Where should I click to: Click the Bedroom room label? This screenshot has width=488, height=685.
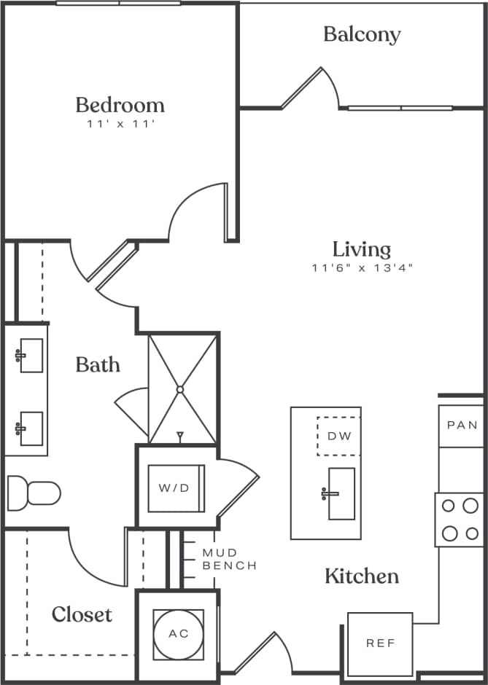pyautogui.click(x=120, y=104)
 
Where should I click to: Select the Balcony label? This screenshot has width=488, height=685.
pyautogui.click(x=362, y=34)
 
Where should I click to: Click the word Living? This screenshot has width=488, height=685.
pyautogui.click(x=362, y=249)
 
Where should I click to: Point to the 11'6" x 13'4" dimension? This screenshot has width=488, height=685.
pyautogui.click(x=363, y=268)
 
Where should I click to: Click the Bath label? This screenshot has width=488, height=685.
pyautogui.click(x=98, y=364)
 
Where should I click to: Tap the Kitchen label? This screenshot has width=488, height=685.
pyautogui.click(x=362, y=576)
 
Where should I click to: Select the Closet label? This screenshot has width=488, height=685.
pyautogui.click(x=82, y=614)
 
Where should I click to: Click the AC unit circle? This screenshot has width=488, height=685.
pyautogui.click(x=179, y=633)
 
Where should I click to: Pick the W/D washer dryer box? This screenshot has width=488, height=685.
pyautogui.click(x=174, y=488)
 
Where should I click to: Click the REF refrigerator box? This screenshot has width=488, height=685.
pyautogui.click(x=380, y=643)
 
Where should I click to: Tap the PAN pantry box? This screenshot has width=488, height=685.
pyautogui.click(x=462, y=426)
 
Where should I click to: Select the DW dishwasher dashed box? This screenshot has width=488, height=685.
pyautogui.click(x=339, y=437)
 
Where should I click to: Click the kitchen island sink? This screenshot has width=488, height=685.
pyautogui.click(x=341, y=493)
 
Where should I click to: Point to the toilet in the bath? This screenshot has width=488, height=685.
pyautogui.click(x=34, y=493)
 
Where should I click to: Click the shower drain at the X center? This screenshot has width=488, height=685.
pyautogui.click(x=180, y=390)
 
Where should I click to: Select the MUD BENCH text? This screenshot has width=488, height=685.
pyautogui.click(x=229, y=560)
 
